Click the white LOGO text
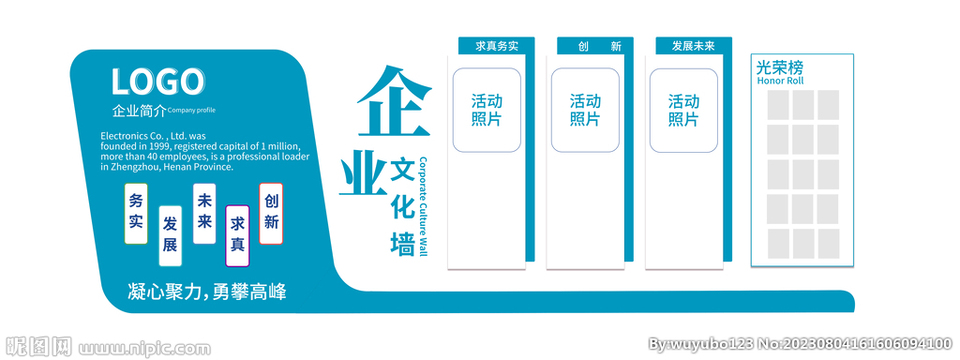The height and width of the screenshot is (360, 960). [x=157, y=82]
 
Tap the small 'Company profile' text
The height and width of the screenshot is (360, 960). [x=191, y=111]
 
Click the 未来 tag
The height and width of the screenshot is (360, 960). [x=204, y=213]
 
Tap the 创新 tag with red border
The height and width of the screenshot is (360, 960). [x=271, y=212]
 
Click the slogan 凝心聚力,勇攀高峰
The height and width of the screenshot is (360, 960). [x=206, y=292]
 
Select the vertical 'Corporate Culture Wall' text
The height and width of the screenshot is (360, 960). [x=423, y=206]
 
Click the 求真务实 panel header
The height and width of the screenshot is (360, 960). [x=496, y=45]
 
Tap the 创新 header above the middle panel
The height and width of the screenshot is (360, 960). [x=594, y=45]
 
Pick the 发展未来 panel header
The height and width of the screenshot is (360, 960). [x=693, y=45]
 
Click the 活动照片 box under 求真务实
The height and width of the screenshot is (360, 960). [x=487, y=110]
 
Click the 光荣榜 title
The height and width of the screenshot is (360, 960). [x=780, y=67]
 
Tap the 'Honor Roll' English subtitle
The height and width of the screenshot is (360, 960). [x=780, y=81]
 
